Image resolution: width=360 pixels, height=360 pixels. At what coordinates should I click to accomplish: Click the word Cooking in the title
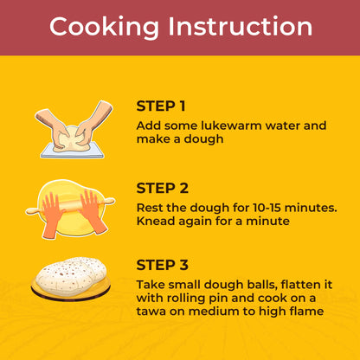click(104, 27)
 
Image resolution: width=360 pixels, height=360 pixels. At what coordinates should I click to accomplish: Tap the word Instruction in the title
click(241, 26)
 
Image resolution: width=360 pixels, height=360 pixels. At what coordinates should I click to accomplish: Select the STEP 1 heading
click(161, 106)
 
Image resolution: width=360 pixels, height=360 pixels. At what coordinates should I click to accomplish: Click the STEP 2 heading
click(163, 189)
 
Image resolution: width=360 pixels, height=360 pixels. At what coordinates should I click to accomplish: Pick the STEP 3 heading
click(163, 265)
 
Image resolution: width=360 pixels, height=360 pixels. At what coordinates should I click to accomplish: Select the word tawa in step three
click(151, 312)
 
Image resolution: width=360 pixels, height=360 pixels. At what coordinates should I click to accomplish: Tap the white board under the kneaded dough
click(72, 151)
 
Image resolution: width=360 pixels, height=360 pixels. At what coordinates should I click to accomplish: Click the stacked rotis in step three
click(71, 276)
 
